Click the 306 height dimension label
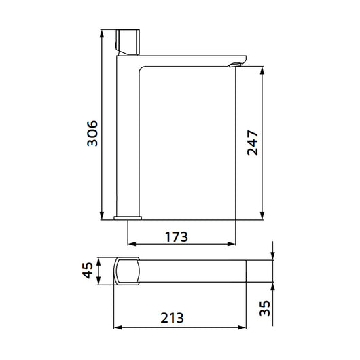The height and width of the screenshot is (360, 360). coord(93,134)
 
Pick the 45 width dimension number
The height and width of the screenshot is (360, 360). coord(86,272)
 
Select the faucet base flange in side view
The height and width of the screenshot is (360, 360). coord(128,218)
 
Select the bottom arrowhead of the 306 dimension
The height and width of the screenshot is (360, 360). coord(101,216)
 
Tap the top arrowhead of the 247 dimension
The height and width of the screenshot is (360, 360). coord(264,70)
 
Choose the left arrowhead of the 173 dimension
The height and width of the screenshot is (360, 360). coord(132,243)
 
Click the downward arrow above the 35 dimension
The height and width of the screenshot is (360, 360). coord(271,254)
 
